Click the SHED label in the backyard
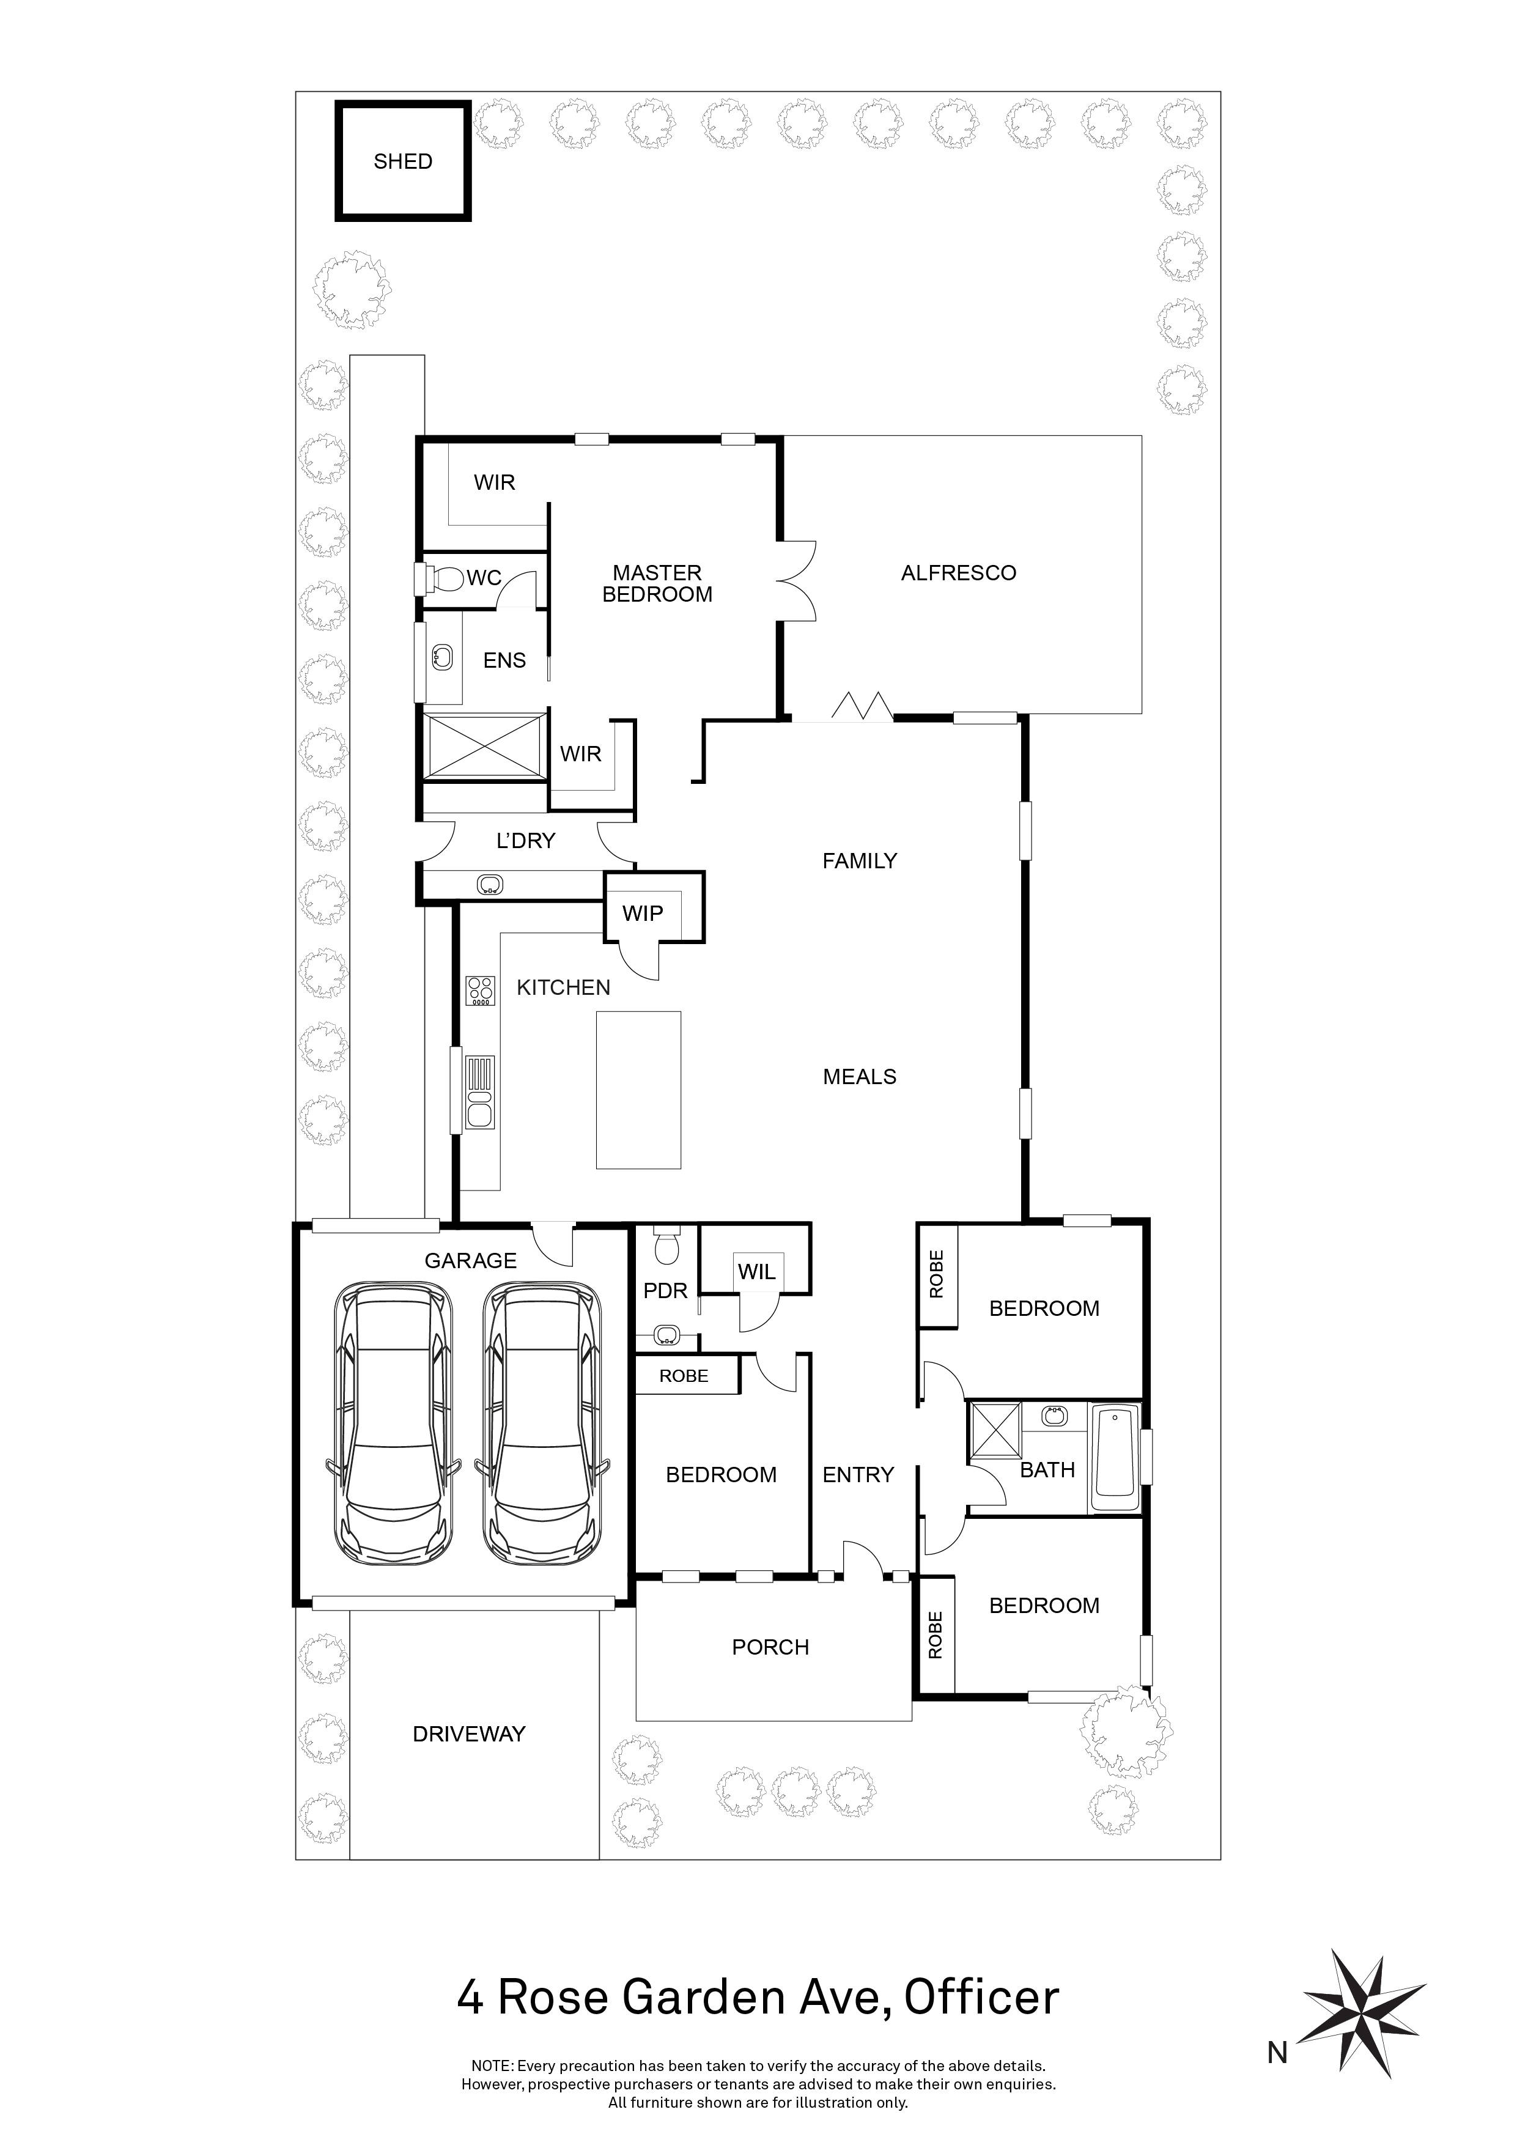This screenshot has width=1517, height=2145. (x=402, y=161)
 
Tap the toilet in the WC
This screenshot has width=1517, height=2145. (x=446, y=579)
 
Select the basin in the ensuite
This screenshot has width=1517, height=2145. (x=442, y=658)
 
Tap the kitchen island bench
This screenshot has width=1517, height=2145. (x=639, y=1090)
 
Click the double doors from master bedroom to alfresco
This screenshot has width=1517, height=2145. (x=797, y=580)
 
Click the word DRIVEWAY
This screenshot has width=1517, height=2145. (x=469, y=1734)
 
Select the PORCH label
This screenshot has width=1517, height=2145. (x=770, y=1647)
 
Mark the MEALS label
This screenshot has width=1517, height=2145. (x=859, y=1077)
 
